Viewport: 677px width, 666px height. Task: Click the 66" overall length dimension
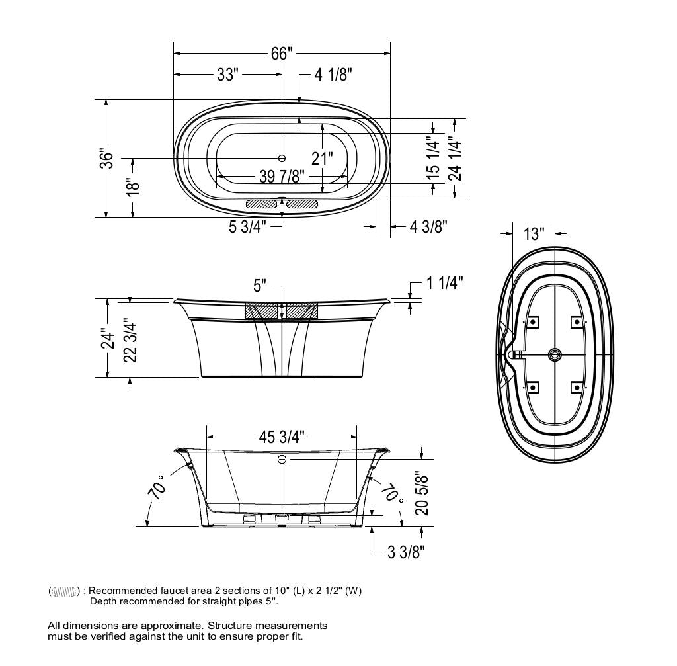[282, 53]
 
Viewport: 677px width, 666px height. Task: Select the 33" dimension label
[227, 74]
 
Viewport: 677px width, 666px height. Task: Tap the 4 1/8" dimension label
[333, 74]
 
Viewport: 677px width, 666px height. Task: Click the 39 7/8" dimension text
[282, 176]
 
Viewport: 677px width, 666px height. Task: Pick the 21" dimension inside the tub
[322, 159]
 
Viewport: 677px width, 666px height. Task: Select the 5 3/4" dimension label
[248, 226]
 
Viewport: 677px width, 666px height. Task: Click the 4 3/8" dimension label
[428, 226]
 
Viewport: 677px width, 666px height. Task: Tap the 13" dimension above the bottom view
[534, 233]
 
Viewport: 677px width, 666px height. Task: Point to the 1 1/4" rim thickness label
[445, 283]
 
